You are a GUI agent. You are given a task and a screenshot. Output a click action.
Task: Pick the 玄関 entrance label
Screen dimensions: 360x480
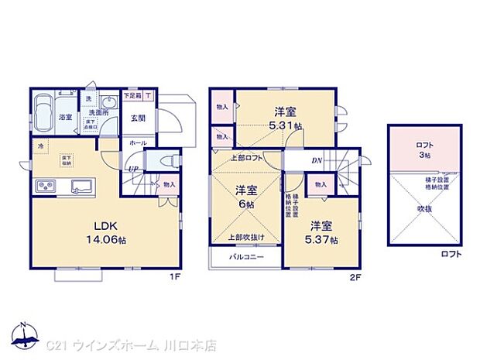click(138, 118)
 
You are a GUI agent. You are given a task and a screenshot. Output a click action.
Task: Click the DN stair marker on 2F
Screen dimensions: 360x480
click(317, 161)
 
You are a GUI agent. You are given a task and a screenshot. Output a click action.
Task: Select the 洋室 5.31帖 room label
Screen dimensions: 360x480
click(286, 115)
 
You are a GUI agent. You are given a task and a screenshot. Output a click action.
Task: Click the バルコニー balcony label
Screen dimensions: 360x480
click(246, 256)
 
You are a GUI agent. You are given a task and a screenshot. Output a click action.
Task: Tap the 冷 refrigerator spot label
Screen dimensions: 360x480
click(39, 146)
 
